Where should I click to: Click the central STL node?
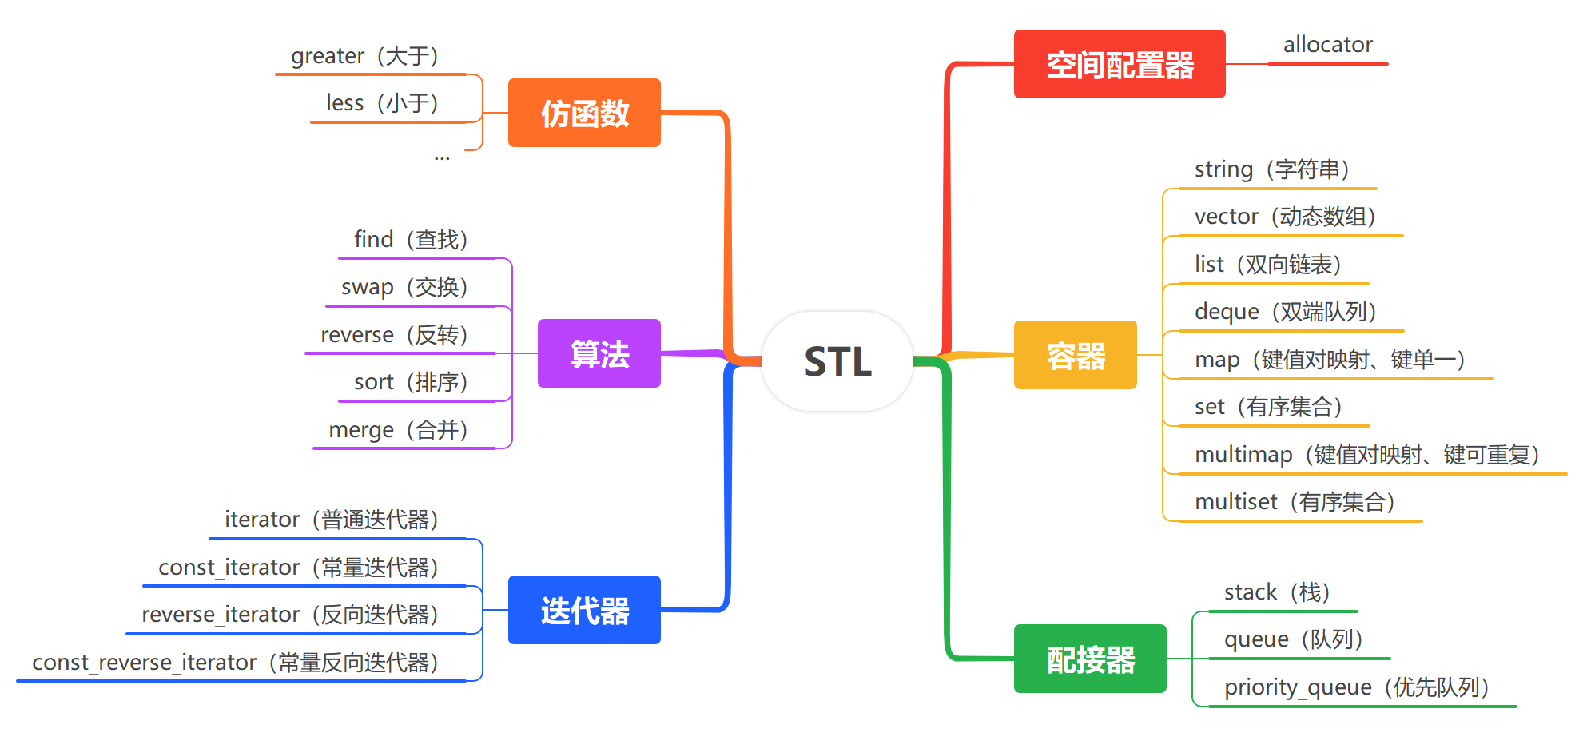pos(837,361)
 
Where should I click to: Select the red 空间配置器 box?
pos(1119,65)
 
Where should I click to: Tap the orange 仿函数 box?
pos(584,113)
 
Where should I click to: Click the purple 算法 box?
pos(599,353)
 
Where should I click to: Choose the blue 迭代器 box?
pos(584,610)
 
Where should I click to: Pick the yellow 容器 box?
pos(1075,355)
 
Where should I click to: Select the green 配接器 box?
pos(1090,659)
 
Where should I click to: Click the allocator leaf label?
pos(1327,45)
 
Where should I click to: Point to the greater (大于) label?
pos(365,56)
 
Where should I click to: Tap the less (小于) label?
pos(383,103)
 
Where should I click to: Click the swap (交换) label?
pos(404,287)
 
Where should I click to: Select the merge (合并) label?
pos(398,430)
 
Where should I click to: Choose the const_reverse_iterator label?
pos(236,663)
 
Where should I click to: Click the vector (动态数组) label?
pos(1285,217)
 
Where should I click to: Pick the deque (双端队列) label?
pos(1285,312)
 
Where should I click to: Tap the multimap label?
pos(1366,455)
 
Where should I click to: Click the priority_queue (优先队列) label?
pos(1356,687)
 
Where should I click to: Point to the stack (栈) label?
pos(1277,592)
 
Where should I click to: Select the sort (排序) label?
pos(411,382)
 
